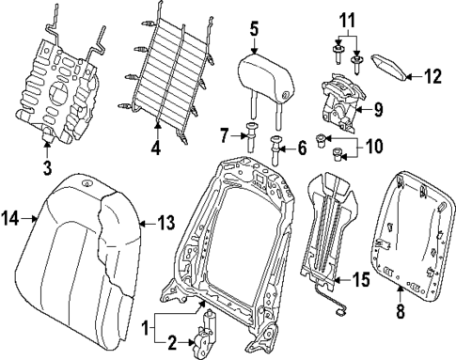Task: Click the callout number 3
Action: click(47, 167)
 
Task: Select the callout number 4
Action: click(157, 148)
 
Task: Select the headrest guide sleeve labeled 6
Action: click(277, 147)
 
